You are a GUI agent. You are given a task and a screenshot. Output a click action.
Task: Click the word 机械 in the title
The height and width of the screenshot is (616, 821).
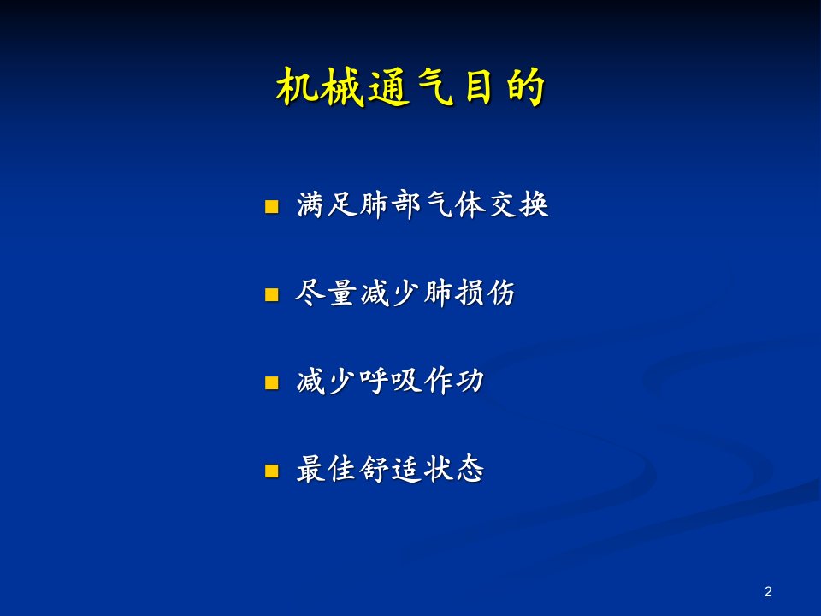pyautogui.click(x=320, y=87)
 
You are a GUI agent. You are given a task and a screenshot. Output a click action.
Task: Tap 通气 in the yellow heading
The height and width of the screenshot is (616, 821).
pyautogui.click(x=410, y=87)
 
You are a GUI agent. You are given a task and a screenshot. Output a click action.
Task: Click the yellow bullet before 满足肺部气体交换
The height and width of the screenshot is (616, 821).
pyautogui.click(x=272, y=206)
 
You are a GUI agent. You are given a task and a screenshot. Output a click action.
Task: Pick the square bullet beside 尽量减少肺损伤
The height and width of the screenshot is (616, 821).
pyautogui.click(x=272, y=295)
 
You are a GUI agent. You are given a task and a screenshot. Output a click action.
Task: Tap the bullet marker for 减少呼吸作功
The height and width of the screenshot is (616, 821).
pyautogui.click(x=272, y=383)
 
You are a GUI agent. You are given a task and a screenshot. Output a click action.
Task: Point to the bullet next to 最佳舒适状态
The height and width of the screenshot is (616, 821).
pyautogui.click(x=272, y=471)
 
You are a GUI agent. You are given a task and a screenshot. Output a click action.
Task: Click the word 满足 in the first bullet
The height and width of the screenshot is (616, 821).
pyautogui.click(x=327, y=204)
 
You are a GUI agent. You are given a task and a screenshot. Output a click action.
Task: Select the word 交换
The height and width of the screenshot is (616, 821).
pyautogui.click(x=518, y=204)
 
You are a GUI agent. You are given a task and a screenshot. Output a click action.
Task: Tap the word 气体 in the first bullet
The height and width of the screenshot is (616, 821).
pyautogui.click(x=454, y=204)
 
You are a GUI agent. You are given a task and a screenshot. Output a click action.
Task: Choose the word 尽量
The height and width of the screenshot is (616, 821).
pyautogui.click(x=326, y=293)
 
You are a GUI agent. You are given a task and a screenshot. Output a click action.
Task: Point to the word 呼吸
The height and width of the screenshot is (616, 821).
pyautogui.click(x=391, y=381)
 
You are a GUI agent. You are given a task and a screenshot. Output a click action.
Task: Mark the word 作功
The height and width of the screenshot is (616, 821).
pyautogui.click(x=454, y=381)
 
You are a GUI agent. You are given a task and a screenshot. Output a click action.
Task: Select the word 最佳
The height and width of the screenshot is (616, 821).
pyautogui.click(x=327, y=469)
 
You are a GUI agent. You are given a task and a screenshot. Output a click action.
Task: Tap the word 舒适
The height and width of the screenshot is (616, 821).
pyautogui.click(x=391, y=469)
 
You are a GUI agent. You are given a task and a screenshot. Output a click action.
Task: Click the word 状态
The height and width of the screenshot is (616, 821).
pyautogui.click(x=454, y=469)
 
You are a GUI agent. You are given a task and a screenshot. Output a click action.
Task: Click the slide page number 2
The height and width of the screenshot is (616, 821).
pyautogui.click(x=768, y=592)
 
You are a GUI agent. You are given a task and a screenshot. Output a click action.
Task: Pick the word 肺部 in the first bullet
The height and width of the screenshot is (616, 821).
pyautogui.click(x=391, y=204)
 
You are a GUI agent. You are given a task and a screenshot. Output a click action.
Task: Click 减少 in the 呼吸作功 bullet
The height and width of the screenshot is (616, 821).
pyautogui.click(x=327, y=381)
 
